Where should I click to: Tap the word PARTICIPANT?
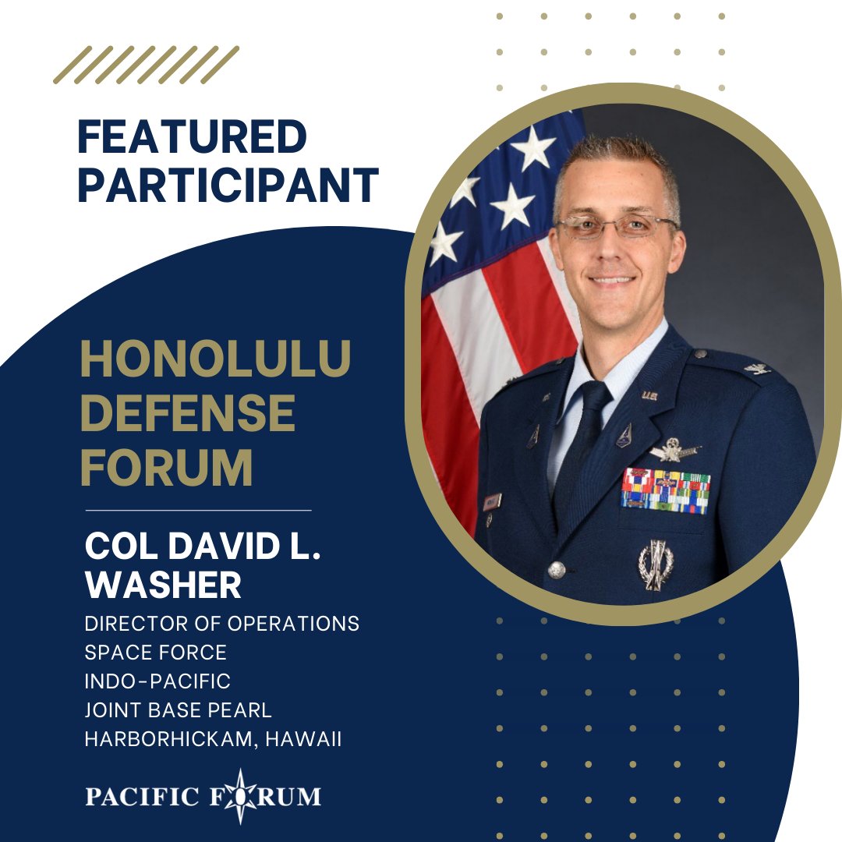coord(228,186)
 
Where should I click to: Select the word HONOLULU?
coord(215,362)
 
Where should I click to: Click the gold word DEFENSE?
coord(187,414)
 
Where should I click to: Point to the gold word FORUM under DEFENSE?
coord(166,466)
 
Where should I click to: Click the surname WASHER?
coord(163,585)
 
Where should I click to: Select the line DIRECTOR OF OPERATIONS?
coord(222,624)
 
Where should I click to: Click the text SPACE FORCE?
coord(155,653)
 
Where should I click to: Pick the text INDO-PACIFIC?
coord(157,681)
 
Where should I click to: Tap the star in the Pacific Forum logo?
coord(238,796)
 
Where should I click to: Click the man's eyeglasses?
coord(616,227)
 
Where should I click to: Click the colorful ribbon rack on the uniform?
coord(665,490)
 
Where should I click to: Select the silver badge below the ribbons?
coord(655,563)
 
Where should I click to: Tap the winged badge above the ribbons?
coord(673,449)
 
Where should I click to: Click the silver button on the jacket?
coord(556,570)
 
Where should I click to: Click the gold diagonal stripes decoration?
coord(146,65)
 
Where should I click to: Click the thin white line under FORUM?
coord(198,510)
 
